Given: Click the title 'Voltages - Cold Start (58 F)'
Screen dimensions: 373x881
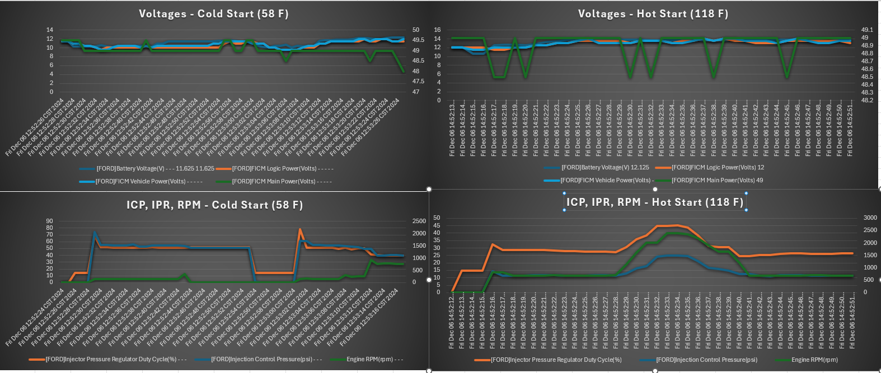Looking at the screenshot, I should tap(214, 14).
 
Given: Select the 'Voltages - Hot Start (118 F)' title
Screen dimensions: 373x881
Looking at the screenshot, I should tap(653, 14).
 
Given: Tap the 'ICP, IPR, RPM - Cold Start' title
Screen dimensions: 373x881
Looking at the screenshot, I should tap(214, 205).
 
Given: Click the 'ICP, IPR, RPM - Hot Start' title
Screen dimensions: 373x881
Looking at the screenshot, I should tap(655, 202).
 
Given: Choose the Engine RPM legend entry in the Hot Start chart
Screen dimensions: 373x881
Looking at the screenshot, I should tap(814, 360).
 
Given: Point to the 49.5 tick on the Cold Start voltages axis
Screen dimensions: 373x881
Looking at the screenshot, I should tap(418, 40).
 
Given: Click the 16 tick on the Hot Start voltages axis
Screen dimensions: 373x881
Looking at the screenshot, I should tap(437, 30).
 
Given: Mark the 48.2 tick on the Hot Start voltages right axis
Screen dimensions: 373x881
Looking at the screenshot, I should tap(867, 101).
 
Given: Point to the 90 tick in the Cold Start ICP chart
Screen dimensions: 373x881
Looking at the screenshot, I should tap(50, 221).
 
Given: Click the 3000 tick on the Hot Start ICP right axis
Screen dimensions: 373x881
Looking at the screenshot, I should tap(870, 218).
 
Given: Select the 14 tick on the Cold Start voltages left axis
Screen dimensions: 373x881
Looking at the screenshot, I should tap(50, 30).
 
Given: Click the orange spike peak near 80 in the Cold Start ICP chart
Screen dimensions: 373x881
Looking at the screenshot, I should tap(300, 229).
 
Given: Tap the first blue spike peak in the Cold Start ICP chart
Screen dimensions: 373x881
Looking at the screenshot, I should tap(95, 232).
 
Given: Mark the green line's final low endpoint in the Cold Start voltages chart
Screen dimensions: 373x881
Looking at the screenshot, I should tap(404, 71).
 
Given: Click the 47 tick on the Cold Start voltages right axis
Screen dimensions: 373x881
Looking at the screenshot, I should tap(416, 92).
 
